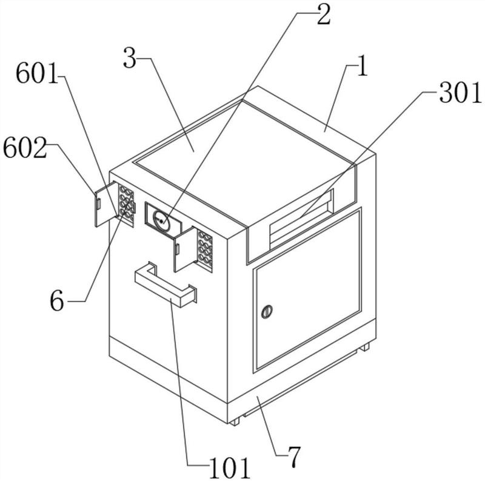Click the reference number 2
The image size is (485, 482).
pos(323,15)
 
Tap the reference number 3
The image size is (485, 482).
pos(130,58)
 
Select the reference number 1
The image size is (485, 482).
pos(362,67)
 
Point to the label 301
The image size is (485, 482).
pos(461,93)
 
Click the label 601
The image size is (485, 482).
pos(37,73)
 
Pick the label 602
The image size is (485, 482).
pos(25,148)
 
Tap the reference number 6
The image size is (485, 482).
pos(57,300)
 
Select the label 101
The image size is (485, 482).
pos(230,468)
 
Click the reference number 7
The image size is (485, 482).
pos(294,457)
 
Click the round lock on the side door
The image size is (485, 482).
pos(267,312)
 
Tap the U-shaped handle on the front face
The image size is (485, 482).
pos(166,285)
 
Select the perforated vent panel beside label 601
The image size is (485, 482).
pos(127,205)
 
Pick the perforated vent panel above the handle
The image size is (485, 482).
pos(205,249)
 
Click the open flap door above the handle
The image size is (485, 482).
pos(186,249)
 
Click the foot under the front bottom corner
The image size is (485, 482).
pos(235,421)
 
